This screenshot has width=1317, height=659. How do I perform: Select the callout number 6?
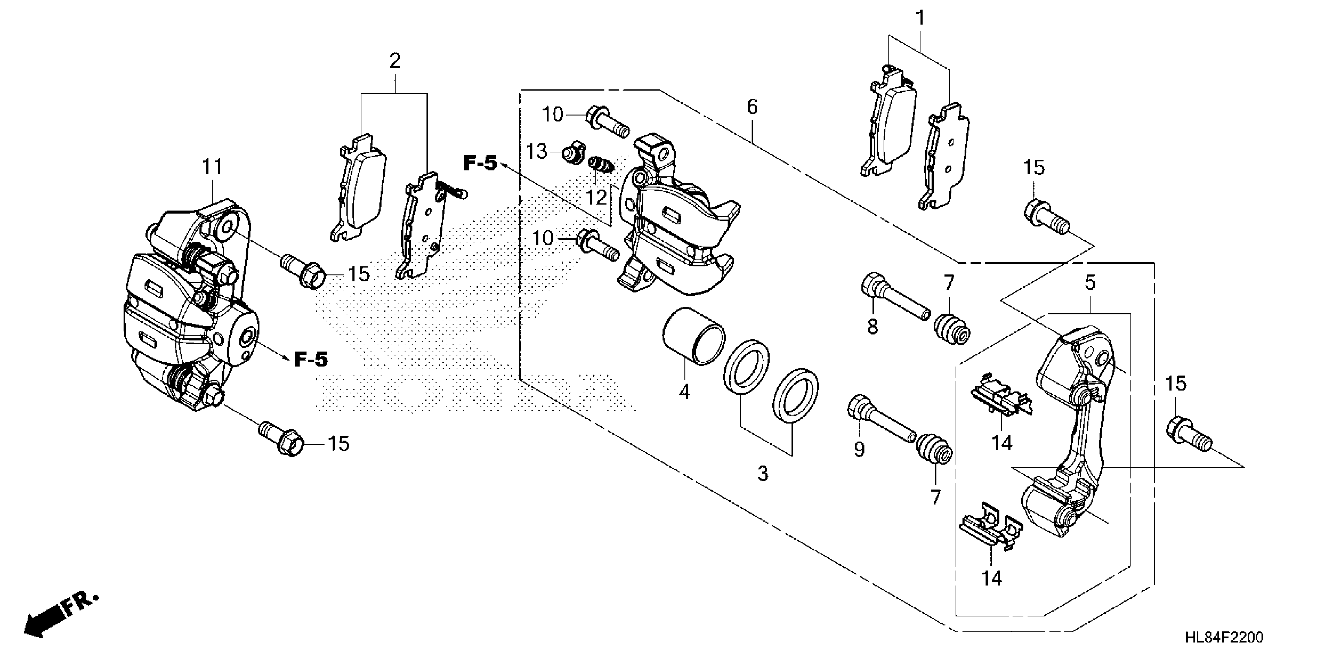[751, 107]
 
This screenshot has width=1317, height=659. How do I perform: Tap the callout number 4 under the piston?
[684, 392]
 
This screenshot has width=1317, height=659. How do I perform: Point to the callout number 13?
[537, 152]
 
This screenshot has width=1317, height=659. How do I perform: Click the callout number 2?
[395, 61]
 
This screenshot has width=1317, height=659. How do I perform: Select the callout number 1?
[920, 19]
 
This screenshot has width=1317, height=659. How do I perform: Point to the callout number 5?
[1090, 283]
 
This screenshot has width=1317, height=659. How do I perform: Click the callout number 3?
[762, 473]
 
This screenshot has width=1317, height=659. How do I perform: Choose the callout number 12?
[596, 197]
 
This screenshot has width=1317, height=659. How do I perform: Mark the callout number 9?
[859, 449]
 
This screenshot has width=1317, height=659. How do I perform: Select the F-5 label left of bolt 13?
[480, 163]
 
